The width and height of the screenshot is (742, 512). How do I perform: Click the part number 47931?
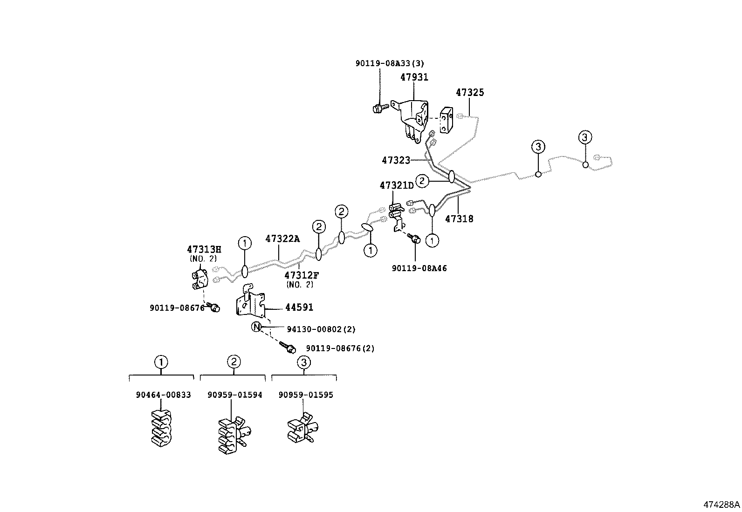(x=414, y=77)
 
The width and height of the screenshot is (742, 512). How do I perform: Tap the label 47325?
(x=470, y=92)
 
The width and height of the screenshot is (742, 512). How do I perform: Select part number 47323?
(x=396, y=160)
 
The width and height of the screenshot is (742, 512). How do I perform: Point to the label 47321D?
(x=396, y=185)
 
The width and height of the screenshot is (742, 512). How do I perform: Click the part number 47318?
(x=459, y=218)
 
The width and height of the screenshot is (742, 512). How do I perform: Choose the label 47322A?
(x=282, y=239)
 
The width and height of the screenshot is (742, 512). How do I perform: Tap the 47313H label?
(x=204, y=249)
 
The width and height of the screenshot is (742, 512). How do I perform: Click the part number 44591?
(x=299, y=307)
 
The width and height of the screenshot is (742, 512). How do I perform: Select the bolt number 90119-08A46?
(x=419, y=268)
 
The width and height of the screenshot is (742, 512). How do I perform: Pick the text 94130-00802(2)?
(x=321, y=329)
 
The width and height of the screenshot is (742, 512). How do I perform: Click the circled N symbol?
(x=256, y=327)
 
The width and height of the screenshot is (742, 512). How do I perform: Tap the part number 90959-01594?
(x=235, y=395)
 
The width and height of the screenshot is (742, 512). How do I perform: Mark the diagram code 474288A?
(x=721, y=505)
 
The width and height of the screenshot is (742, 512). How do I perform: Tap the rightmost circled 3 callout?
(x=585, y=137)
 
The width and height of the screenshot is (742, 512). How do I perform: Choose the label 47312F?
(x=302, y=275)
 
